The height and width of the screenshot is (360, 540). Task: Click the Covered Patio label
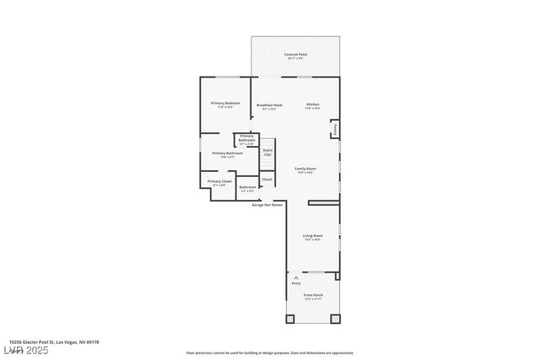(295, 56)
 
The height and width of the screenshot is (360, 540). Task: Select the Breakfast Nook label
(270, 106)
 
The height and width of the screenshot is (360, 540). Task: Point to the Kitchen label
(313, 106)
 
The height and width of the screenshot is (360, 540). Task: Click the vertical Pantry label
(335, 130)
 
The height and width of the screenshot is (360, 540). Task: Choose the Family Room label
(305, 170)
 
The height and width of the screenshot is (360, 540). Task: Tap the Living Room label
(312, 237)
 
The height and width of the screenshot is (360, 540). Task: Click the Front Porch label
(313, 297)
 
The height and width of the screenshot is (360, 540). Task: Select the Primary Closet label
(219, 183)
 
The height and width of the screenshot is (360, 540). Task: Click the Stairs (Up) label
(267, 152)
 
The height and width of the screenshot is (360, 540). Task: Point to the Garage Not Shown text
(267, 204)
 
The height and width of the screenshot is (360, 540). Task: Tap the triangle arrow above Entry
(295, 276)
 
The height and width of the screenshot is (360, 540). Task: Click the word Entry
(296, 283)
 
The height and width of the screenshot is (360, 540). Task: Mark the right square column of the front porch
(335, 319)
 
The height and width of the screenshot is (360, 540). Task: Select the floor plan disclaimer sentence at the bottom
(270, 353)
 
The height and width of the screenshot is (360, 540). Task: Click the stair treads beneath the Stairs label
(267, 164)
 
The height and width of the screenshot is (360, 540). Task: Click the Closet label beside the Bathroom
(267, 180)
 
